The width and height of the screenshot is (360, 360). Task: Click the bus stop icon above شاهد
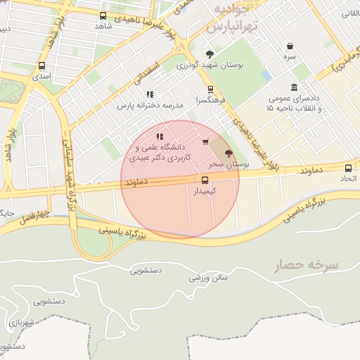(103, 15)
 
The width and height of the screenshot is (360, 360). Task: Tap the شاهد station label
(103, 26)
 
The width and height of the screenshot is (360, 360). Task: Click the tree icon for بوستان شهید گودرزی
(210, 54)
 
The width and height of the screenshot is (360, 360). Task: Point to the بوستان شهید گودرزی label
(210, 65)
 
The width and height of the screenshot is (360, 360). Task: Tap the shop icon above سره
(290, 44)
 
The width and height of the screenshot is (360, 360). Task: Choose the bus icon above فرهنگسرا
(210, 89)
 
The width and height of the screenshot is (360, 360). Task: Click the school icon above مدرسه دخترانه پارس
(149, 94)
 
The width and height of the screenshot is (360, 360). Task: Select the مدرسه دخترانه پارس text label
(149, 105)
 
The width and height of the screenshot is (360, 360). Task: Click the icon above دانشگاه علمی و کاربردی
(160, 136)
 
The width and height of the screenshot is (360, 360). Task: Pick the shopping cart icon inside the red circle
(205, 143)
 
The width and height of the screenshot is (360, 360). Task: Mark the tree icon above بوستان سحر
(228, 153)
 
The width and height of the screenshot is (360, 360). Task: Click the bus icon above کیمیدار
(205, 180)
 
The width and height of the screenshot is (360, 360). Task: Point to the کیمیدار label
(205, 191)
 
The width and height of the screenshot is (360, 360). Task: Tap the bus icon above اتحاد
(348, 168)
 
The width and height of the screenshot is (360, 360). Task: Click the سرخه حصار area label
(307, 264)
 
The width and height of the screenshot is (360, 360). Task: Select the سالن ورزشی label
(209, 278)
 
